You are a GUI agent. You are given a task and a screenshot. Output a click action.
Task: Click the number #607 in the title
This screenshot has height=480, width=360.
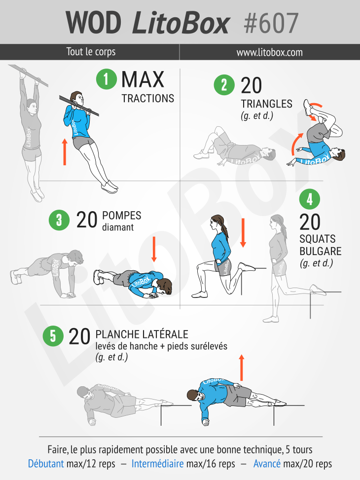point(271,23)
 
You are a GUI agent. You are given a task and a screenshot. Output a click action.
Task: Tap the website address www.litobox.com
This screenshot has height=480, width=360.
point(269,52)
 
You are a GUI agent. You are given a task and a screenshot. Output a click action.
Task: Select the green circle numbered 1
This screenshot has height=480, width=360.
point(106,78)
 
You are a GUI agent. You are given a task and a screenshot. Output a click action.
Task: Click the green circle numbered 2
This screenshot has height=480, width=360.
point(224,85)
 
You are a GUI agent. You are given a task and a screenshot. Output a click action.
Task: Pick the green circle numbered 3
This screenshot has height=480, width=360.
point(59,220)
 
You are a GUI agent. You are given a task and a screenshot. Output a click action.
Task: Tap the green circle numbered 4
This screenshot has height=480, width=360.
point(310,199)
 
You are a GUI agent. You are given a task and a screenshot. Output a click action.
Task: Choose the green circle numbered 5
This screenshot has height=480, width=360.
point(53,336)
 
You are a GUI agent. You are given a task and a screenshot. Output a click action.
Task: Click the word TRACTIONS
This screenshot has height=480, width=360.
point(148,99)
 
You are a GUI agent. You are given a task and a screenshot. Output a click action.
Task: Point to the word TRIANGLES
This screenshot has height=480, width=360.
point(266,104)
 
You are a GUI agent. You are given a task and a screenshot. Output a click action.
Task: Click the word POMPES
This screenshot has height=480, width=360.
point(121,216)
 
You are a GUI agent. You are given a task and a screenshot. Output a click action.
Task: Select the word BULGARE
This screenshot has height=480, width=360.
point(320,251)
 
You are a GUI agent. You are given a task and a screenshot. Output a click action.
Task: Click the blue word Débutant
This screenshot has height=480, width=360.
point(46,464)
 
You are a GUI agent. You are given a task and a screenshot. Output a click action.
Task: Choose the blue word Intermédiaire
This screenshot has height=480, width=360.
point(158,464)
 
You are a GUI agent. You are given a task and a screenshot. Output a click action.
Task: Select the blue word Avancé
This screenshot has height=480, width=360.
point(267,464)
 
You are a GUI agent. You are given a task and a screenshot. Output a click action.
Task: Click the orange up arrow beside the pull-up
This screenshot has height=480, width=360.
point(65,152)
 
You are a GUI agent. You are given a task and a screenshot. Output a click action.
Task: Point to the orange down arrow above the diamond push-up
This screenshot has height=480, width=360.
point(154,249)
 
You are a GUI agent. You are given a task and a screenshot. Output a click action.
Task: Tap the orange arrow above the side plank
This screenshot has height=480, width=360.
point(242,368)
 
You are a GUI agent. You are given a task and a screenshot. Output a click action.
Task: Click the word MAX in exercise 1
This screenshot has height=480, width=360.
point(143,79)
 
